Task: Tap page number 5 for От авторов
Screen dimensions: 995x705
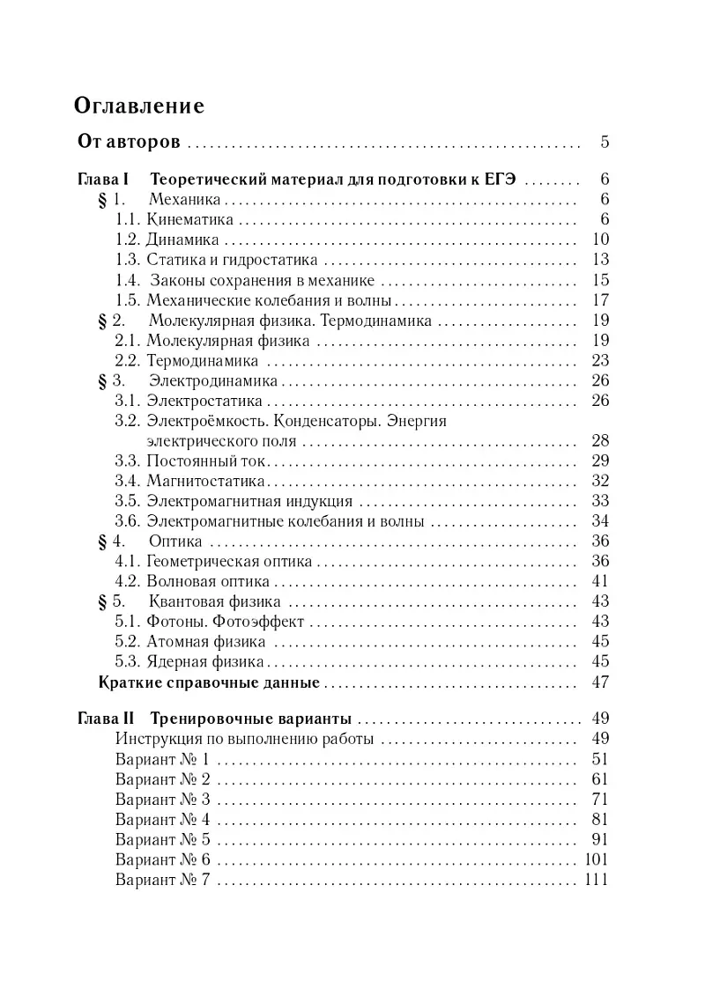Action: pyautogui.click(x=604, y=141)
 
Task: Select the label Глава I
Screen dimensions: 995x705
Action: pyautogui.click(x=105, y=179)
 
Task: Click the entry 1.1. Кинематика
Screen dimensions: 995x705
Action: pyautogui.click(x=175, y=219)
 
